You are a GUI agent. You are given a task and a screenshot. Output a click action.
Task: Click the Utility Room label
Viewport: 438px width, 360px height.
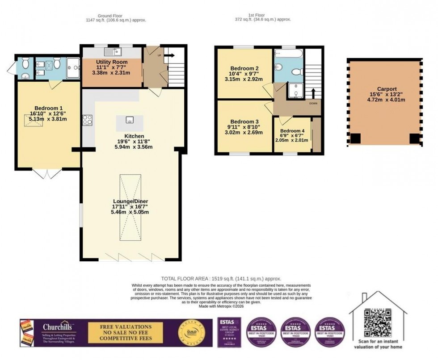[112, 62]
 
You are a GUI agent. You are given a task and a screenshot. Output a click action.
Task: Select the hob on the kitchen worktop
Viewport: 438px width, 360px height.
[87, 120]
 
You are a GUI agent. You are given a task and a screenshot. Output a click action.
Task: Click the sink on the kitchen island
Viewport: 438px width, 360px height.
[130, 120]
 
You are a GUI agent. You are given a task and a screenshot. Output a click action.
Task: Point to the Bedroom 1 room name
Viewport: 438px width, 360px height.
[48, 108]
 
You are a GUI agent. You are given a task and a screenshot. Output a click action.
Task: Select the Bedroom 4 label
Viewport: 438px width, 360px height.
[292, 130]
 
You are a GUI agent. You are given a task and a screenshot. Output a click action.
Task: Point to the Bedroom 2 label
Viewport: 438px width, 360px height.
[244, 68]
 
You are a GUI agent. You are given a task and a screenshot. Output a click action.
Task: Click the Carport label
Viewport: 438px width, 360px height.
[384, 89]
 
